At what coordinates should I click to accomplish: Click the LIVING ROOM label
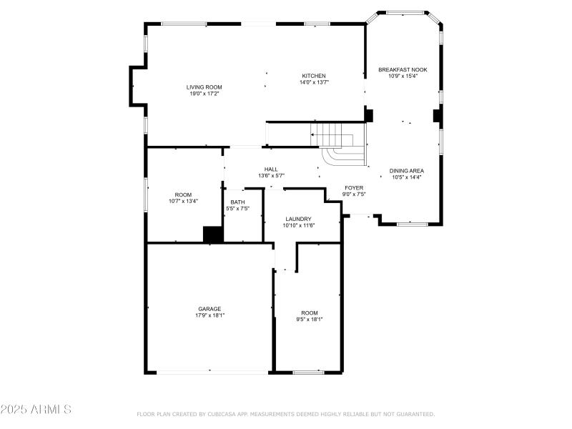pyautogui.click(x=204, y=87)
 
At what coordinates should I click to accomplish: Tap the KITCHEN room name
pyautogui.click(x=313, y=76)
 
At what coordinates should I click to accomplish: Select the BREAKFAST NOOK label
pyautogui.click(x=403, y=69)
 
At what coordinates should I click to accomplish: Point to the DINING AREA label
pyautogui.click(x=406, y=170)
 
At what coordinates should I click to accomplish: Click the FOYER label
pyautogui.click(x=354, y=187)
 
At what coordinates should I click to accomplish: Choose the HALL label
pyautogui.click(x=271, y=169)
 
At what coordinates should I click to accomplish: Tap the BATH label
pyautogui.click(x=237, y=202)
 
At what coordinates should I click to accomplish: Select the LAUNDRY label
pyautogui.click(x=298, y=219)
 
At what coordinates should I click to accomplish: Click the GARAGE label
pyautogui.click(x=209, y=309)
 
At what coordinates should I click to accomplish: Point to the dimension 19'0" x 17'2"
pyautogui.click(x=204, y=94)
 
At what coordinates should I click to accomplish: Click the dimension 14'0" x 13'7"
pyautogui.click(x=313, y=82)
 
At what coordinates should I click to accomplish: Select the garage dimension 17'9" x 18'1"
pyautogui.click(x=209, y=315)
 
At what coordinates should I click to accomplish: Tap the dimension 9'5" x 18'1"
pyautogui.click(x=309, y=319)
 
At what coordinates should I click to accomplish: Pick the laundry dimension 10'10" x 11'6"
pyautogui.click(x=298, y=225)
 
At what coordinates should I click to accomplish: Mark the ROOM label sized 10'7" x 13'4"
pyautogui.click(x=183, y=194)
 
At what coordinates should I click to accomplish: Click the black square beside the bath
pyautogui.click(x=213, y=235)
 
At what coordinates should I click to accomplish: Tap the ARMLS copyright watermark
pyautogui.click(x=36, y=410)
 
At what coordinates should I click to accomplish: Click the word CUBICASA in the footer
pyautogui.click(x=228, y=414)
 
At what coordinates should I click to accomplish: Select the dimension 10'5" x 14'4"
pyautogui.click(x=406, y=177)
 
